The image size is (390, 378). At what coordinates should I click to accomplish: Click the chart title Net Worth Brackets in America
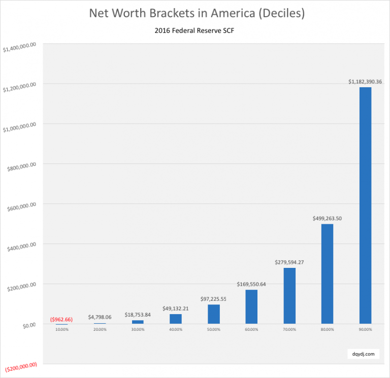coord(197,13)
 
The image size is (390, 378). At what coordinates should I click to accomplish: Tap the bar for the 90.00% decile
coord(365,205)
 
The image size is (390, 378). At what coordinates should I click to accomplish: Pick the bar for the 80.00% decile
coord(327,274)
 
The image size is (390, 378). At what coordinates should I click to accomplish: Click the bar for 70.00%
coord(289,296)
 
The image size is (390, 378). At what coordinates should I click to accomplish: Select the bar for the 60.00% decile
coord(251,307)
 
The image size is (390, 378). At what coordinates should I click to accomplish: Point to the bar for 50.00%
coord(214,314)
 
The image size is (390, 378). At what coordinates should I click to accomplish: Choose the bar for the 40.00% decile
coord(176,319)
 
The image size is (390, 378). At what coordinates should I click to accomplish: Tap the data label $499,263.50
coord(327,218)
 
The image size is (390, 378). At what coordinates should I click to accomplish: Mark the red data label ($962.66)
coord(62,319)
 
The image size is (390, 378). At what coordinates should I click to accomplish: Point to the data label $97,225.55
coord(214,299)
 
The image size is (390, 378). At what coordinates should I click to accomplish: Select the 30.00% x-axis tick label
coord(138,330)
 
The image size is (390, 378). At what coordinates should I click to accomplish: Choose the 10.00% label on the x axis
coord(62,330)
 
